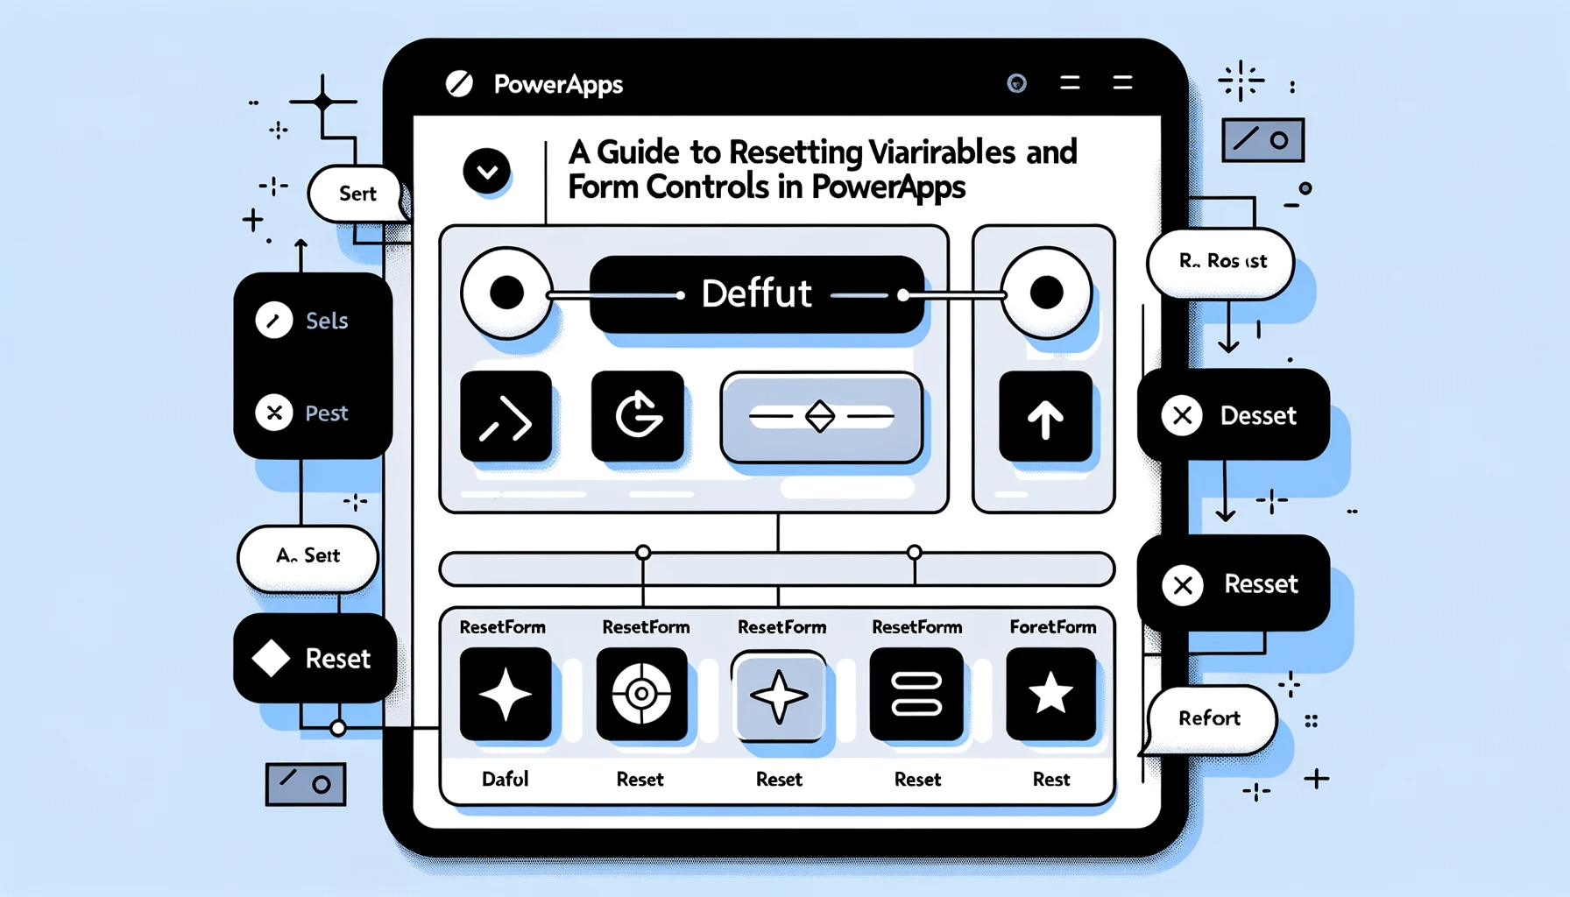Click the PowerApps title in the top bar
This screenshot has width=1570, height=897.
click(x=558, y=84)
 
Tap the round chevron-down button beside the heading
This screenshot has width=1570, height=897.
click(x=487, y=171)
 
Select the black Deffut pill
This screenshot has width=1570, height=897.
click(x=757, y=294)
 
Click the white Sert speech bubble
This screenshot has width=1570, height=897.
click(x=357, y=194)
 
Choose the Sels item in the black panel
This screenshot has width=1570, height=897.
click(x=312, y=321)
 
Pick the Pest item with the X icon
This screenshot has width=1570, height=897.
click(x=312, y=413)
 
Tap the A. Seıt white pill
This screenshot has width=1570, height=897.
click(x=308, y=556)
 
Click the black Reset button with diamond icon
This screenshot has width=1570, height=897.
click(x=315, y=658)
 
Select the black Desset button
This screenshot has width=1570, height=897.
click(x=1233, y=415)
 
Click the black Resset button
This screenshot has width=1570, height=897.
click(x=1233, y=583)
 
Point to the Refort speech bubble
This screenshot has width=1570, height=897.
click(x=1209, y=718)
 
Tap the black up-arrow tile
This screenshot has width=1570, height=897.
click(x=1045, y=417)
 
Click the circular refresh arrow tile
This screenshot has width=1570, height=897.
click(x=638, y=416)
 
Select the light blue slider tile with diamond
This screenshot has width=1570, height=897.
click(x=821, y=417)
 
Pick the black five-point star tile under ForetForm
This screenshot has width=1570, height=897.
click(x=1050, y=695)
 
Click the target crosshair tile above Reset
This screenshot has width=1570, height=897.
click(x=641, y=695)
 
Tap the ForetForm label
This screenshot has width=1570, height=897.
click(x=1052, y=627)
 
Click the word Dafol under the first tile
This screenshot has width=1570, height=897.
click(x=506, y=779)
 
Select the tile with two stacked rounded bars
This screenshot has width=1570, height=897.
click(x=916, y=695)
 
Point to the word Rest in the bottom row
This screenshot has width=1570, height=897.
click(x=1051, y=779)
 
